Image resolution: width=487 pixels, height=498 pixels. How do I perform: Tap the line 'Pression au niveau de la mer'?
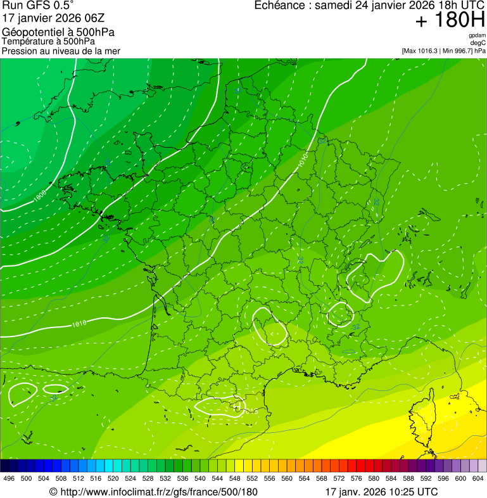[61, 51]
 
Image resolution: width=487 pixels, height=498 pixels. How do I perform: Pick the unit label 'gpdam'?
[477, 35]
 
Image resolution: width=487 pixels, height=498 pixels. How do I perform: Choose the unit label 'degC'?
[479, 42]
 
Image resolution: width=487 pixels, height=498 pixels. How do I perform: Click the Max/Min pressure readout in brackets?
[443, 51]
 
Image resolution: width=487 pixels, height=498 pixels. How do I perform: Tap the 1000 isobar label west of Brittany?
[40, 197]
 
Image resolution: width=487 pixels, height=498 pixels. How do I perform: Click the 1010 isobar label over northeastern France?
[303, 160]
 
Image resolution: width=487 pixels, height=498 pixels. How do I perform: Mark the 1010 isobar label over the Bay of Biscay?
[79, 324]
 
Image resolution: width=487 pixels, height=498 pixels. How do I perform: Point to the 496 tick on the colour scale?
[9, 478]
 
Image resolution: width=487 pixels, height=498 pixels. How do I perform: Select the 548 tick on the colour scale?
[234, 478]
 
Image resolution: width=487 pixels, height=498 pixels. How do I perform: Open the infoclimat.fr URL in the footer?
[153, 492]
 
